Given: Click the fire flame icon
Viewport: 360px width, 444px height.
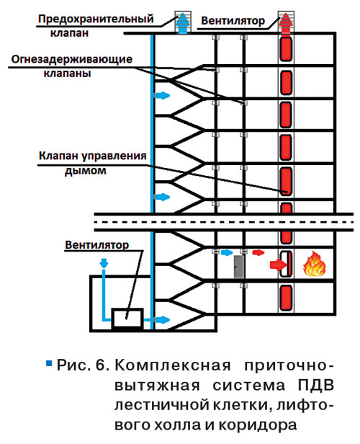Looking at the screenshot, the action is tap(314, 264).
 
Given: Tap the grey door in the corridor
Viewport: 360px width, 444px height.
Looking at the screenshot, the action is tap(239, 267).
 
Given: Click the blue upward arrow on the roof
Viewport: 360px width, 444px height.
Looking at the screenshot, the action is tap(183, 23).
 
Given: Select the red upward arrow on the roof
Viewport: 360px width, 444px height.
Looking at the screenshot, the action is tap(286, 23).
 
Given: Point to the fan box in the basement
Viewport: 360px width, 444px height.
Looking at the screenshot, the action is tap(127, 319).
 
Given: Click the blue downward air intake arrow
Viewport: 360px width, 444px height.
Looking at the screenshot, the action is tap(104, 263).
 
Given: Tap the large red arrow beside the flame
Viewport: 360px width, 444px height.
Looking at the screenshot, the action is tap(278, 265).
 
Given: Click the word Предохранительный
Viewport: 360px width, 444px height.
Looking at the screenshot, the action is tap(96, 19).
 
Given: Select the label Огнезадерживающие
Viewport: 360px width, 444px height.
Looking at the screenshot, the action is tap(72, 59).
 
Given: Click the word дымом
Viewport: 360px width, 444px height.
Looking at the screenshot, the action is tap(86, 170).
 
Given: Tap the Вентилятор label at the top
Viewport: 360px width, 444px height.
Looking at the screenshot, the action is tap(233, 21).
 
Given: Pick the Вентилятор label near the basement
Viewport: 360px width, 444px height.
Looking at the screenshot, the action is tap(97, 244).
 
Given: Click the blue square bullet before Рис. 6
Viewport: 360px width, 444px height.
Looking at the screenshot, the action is tap(49, 363).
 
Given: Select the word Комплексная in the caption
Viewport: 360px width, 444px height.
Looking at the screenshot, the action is tap(173, 365).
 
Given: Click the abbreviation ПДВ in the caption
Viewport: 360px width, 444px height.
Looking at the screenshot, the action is tap(316, 386).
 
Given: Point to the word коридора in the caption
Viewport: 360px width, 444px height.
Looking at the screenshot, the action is tap(258, 425).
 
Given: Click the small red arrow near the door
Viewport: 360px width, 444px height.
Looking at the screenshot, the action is tap(258, 252).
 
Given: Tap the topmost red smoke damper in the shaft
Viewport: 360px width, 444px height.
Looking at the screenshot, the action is tap(286, 49).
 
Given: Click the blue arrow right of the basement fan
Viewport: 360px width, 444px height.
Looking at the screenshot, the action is tap(162, 320).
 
